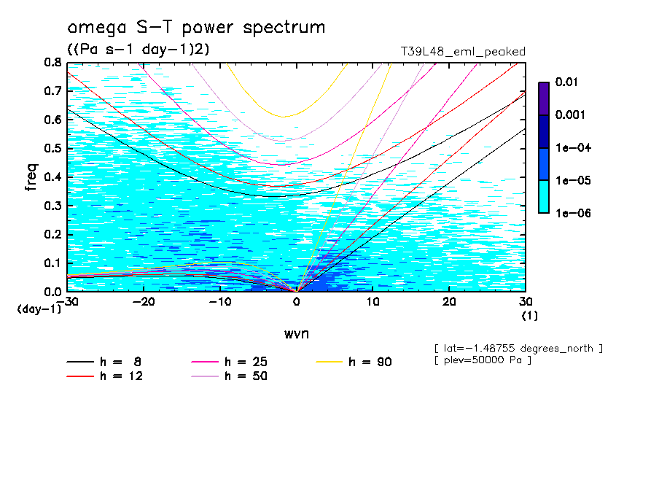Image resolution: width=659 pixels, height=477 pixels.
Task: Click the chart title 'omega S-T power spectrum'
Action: tap(196, 28)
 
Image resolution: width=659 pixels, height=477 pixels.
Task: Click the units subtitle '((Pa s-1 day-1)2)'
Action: tap(139, 50)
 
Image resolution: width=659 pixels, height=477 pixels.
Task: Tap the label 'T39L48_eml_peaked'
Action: tap(463, 51)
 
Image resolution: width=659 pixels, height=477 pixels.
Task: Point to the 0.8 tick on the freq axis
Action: tap(54, 63)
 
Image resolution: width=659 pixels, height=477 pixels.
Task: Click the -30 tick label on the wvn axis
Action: tap(67, 302)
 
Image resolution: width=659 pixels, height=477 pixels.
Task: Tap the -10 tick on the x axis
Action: tap(219, 302)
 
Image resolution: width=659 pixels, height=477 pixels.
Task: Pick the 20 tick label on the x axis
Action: tap(449, 302)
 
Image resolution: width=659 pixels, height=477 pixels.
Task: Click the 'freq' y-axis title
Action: tap(31, 177)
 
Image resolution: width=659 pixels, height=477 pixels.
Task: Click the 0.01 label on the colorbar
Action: tap(566, 82)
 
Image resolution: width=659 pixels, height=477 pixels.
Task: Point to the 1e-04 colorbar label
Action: tap(572, 148)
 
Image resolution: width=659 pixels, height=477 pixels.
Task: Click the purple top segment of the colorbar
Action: tap(544, 98)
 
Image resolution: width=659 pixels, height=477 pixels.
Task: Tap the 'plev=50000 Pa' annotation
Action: tap(483, 361)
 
